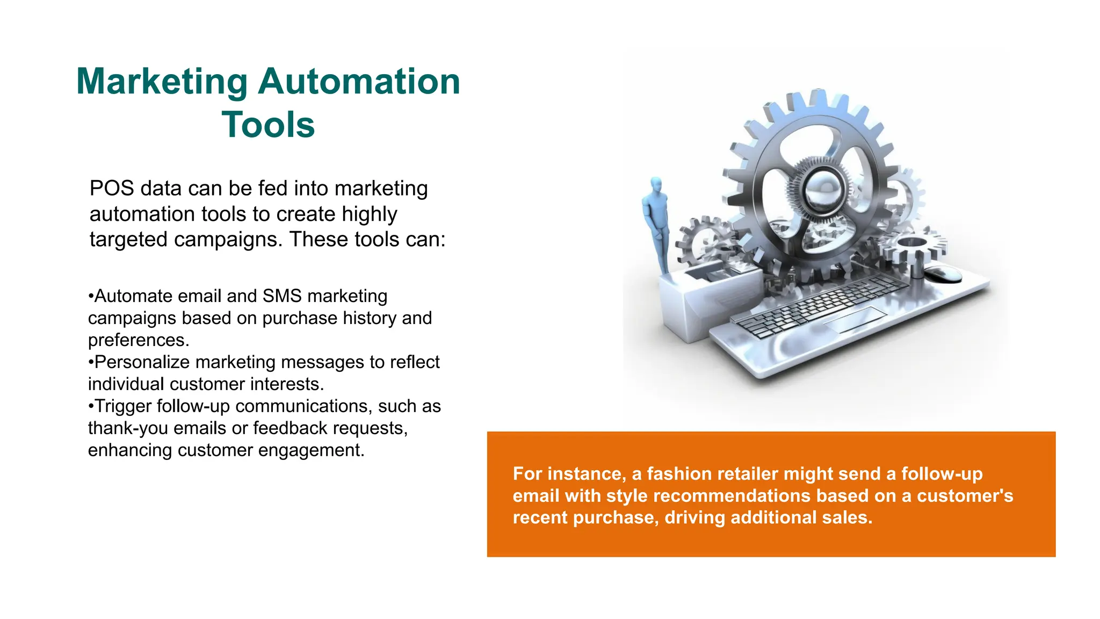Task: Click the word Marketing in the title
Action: [x=162, y=82]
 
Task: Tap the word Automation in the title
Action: [x=359, y=82]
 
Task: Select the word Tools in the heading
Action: [x=268, y=125]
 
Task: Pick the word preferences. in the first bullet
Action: [x=139, y=340]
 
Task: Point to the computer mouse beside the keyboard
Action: [x=944, y=273]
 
